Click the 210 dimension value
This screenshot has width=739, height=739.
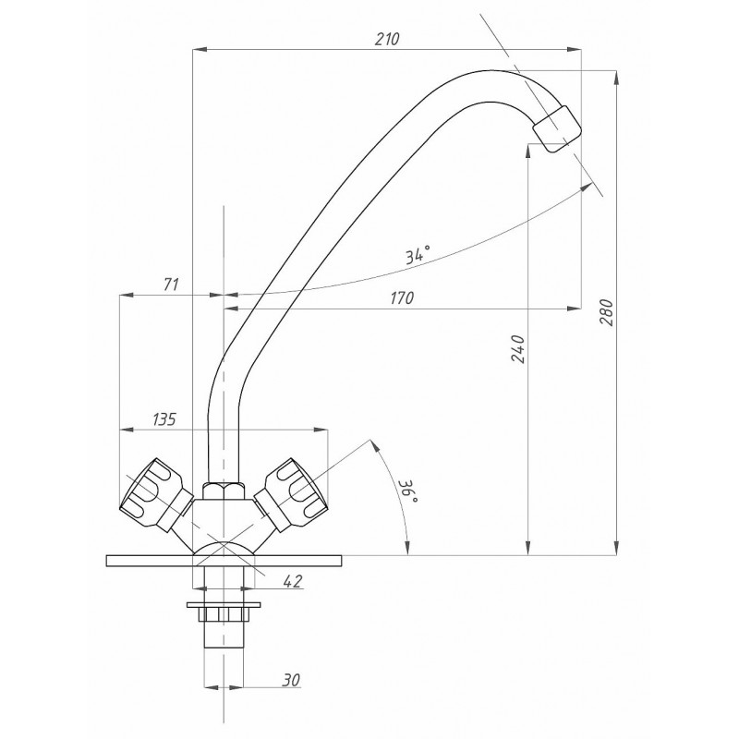pyautogui.click(x=387, y=39)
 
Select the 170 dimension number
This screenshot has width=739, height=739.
pyautogui.click(x=402, y=297)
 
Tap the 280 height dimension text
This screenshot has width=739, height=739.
pyautogui.click(x=607, y=312)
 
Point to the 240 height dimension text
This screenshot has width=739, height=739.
pyautogui.click(x=518, y=349)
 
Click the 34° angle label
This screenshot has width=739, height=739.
pyautogui.click(x=418, y=255)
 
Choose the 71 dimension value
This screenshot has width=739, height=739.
pyautogui.click(x=171, y=285)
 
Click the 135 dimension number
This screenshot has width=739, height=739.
pyautogui.click(x=164, y=419)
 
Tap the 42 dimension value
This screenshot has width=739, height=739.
pyautogui.click(x=293, y=581)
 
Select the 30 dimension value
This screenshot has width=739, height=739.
pyautogui.click(x=291, y=680)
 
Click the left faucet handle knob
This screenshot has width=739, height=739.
pyautogui.click(x=150, y=493)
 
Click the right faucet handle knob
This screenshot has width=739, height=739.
pyautogui.click(x=293, y=493)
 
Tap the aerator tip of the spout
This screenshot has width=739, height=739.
pyautogui.click(x=557, y=128)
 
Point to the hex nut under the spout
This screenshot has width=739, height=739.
pyautogui.click(x=224, y=491)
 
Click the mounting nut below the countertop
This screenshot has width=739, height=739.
pyautogui.click(x=224, y=614)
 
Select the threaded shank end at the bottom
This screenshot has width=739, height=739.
pyautogui.click(x=224, y=635)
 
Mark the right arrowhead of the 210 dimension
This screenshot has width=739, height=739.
pyautogui.click(x=574, y=50)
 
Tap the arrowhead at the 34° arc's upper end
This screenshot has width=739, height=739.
pyautogui.click(x=587, y=187)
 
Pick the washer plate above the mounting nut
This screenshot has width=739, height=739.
pyautogui.click(x=224, y=605)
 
